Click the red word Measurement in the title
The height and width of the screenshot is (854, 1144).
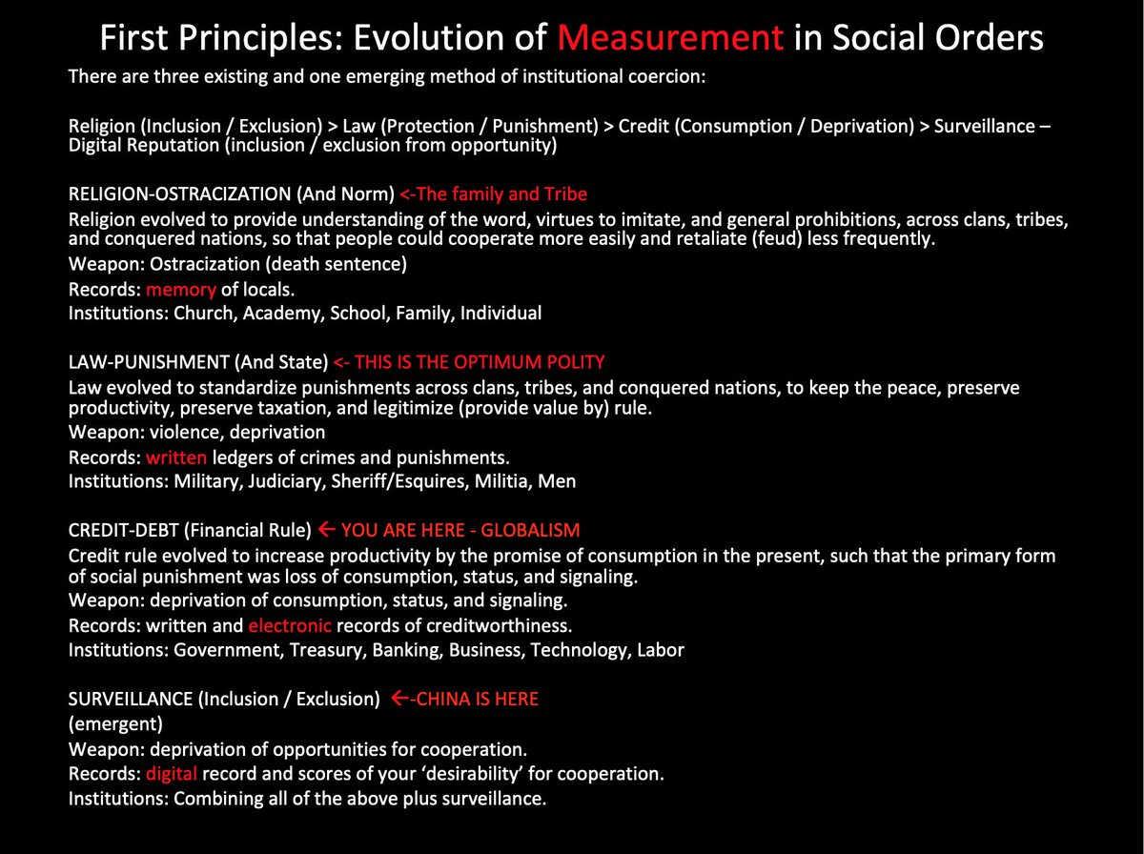tap(670, 37)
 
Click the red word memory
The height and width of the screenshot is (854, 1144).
tap(181, 290)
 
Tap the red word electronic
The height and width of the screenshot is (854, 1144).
tap(290, 625)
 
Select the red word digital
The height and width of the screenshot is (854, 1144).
tap(172, 774)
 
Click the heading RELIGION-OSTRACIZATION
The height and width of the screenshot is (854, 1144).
tap(180, 193)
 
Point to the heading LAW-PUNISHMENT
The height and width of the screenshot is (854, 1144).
tap(149, 362)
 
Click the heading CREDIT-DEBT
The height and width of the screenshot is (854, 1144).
tap(124, 531)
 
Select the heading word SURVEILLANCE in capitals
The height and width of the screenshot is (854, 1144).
tap(131, 699)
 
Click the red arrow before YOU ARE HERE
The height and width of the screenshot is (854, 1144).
tap(326, 529)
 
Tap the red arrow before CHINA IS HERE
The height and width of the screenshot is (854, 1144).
tap(399, 698)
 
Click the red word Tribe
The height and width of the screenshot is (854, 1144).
tap(565, 193)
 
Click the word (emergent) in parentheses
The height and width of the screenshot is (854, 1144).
tap(115, 724)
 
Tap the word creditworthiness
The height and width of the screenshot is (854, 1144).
tap(500, 625)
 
